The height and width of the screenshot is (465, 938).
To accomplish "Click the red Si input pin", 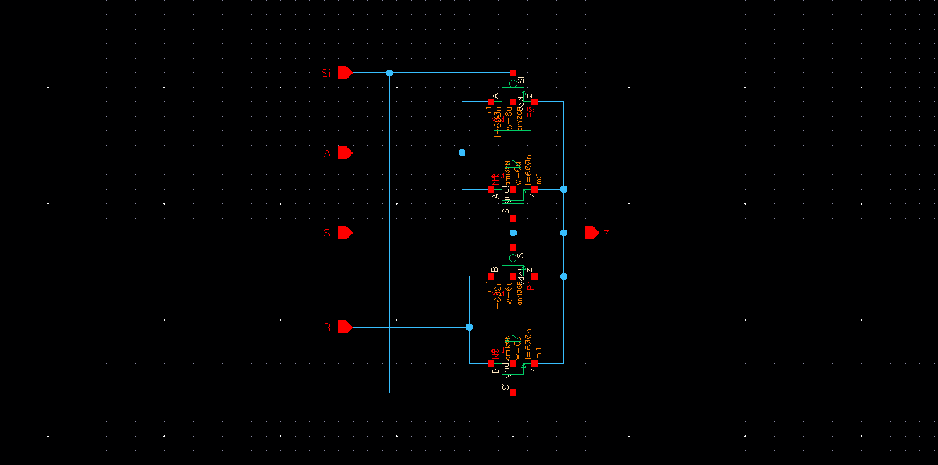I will pos(345,73).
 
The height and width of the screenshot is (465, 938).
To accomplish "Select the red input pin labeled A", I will pos(345,153).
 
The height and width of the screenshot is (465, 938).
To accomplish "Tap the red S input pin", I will pos(345,232).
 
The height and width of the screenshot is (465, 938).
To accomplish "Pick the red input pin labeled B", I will pos(345,327).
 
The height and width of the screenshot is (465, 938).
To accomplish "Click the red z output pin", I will pos(592,232).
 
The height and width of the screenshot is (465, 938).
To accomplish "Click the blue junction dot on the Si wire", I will pos(390,73).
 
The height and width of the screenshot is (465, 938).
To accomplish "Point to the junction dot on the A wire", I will pos(462,153).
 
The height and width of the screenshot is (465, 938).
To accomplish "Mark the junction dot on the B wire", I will pos(469,327).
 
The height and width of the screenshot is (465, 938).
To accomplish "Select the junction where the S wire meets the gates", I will pos(513,232).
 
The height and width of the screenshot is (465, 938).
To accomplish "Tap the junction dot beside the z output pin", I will pos(564,232).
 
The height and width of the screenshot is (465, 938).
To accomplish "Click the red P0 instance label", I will pos(530,112).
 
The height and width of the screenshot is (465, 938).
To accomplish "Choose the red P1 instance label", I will pos(530,285).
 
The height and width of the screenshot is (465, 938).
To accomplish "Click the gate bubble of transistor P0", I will pos(513,84).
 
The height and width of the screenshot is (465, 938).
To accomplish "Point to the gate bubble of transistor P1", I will pos(513,258).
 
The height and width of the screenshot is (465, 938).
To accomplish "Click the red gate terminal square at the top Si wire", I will pos(513,73).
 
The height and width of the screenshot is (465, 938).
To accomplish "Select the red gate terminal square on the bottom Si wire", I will pos(513,393).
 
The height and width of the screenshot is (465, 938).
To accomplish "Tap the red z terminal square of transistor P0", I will pos(534,102).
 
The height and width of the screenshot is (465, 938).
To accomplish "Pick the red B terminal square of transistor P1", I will pos(491,276).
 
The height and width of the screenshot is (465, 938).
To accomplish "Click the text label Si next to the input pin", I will pos(326,73).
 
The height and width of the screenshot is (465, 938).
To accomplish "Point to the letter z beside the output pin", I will pos(607,232).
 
